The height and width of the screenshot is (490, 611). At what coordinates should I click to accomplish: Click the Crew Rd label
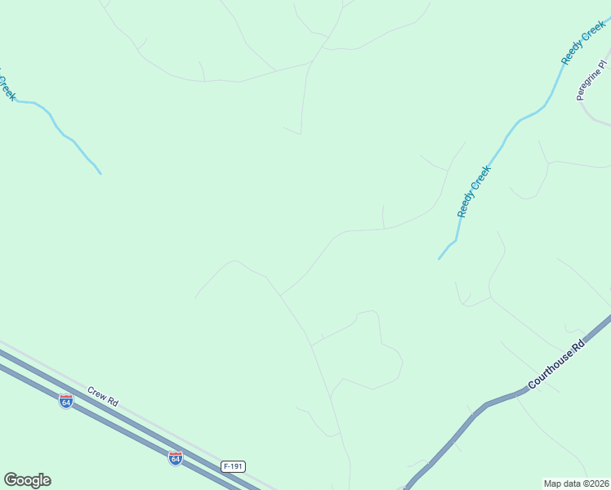click(x=103, y=398)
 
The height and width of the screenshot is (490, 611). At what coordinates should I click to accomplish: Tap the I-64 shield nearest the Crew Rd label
click(x=66, y=400)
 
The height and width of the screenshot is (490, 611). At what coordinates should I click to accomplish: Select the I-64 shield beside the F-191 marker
click(x=175, y=457)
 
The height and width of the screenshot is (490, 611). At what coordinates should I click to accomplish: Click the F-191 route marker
click(x=233, y=466)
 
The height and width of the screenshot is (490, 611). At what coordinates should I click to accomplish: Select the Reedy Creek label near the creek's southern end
click(x=474, y=191)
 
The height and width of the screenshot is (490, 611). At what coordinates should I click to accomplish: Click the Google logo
click(x=27, y=480)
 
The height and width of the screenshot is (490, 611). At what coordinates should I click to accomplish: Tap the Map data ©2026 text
click(x=576, y=483)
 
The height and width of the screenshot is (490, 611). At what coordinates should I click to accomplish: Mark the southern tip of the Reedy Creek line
click(x=439, y=259)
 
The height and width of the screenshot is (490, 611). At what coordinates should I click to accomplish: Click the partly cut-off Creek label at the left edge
click(x=7, y=86)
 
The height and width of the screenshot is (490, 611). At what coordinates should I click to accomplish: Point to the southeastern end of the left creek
click(x=100, y=173)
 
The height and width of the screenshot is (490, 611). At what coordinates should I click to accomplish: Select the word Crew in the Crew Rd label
click(x=96, y=394)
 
